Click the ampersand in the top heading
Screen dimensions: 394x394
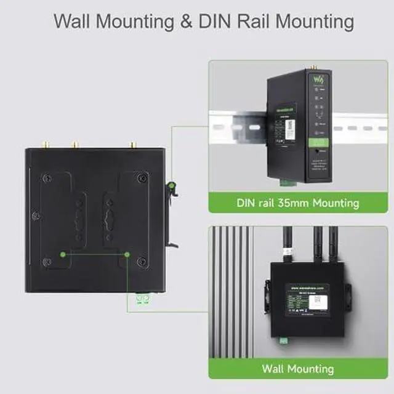(190, 21)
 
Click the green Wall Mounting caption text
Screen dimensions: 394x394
(297, 369)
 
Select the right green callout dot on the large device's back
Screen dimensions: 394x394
(127, 254)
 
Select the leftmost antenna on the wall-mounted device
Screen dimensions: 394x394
(287, 246)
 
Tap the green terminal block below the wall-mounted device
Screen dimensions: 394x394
(284, 340)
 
